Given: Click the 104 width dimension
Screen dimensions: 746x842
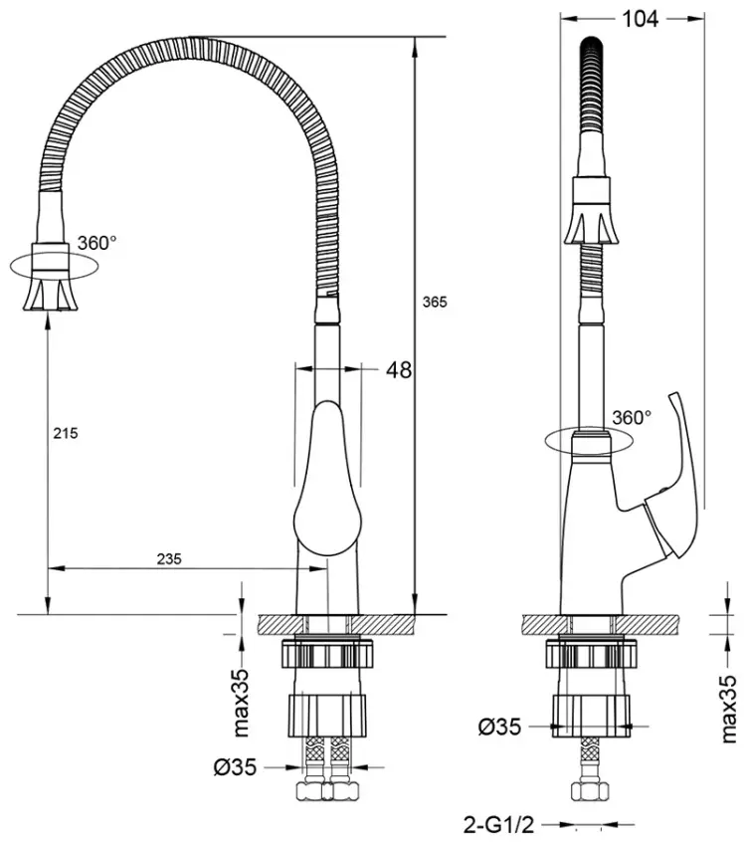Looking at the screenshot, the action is coord(640,19).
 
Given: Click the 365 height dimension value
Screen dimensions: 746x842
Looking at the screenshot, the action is coord(435,302).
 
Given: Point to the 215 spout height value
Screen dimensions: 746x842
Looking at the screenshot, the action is coord(66,433).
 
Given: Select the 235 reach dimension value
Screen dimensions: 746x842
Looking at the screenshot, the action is coord(169,559).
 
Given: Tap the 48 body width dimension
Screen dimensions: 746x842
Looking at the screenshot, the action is coord(399,370).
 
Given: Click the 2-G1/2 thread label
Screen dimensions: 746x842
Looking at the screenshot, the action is coord(498,824).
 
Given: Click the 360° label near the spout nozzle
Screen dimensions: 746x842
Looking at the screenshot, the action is coord(96,243).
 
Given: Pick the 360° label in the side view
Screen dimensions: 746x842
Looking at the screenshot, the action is coord(632,417).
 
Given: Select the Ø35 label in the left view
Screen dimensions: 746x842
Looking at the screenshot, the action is coord(235,767).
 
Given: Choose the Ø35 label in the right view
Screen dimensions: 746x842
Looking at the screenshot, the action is coord(499,728).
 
